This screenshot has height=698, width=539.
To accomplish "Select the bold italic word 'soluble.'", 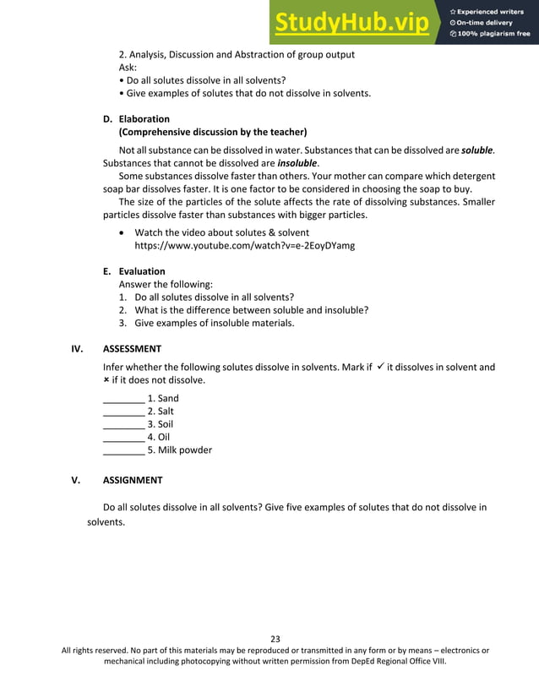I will click(x=478, y=150).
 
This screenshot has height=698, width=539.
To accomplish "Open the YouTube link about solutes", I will click(x=244, y=245).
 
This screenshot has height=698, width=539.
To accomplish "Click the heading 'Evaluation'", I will click(x=142, y=271).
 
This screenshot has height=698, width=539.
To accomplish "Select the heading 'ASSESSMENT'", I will click(x=132, y=348).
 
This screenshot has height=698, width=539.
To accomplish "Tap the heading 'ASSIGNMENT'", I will click(x=133, y=480).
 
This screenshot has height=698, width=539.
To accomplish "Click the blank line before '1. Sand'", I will click(x=122, y=399).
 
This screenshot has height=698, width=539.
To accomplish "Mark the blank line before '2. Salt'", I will click(x=122, y=412).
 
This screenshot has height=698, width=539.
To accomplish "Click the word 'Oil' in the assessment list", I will click(x=164, y=437).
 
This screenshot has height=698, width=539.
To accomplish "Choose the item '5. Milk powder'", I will click(x=179, y=450).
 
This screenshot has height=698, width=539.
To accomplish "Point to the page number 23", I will click(x=275, y=638).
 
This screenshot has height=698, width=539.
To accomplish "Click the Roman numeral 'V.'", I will click(x=75, y=480).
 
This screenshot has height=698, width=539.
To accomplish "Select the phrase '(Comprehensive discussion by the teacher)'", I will click(x=212, y=132).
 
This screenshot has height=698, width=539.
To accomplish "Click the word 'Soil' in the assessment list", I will click(x=165, y=424).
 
